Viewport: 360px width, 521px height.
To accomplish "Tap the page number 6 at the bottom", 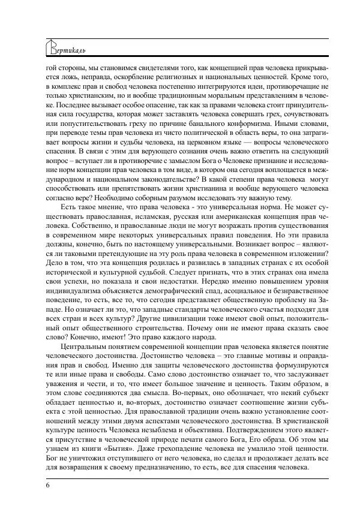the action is pyautogui.click(x=47, y=485).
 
